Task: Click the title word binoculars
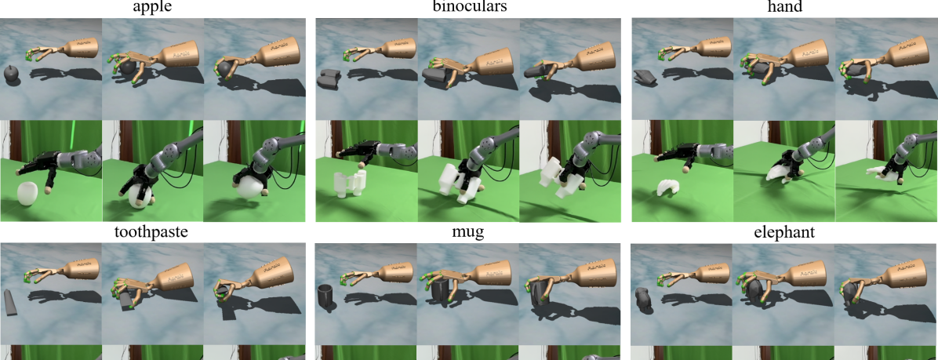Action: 470,8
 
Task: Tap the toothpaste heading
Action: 151,233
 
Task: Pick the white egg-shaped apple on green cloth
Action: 27,195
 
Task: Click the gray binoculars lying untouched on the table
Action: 329,79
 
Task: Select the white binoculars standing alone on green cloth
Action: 349,183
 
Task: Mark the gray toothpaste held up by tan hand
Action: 222,291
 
